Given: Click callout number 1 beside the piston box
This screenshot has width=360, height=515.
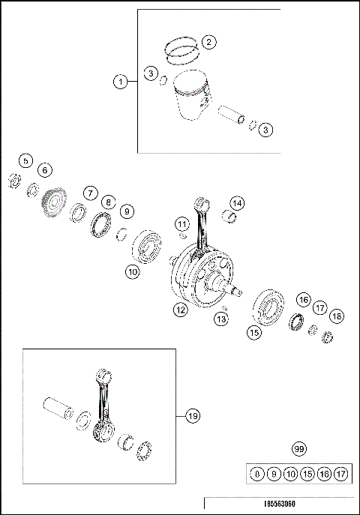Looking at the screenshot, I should [x=120, y=82].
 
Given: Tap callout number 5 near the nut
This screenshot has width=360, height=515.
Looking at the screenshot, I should [x=25, y=160].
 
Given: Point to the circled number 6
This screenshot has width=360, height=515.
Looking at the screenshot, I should [x=45, y=170].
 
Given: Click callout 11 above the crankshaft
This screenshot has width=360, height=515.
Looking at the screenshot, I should [x=181, y=223].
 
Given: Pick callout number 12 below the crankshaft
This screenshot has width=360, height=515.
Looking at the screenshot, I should [x=180, y=309].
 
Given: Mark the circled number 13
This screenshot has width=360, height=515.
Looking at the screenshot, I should [x=220, y=320].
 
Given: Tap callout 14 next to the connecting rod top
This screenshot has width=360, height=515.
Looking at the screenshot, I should [x=236, y=203].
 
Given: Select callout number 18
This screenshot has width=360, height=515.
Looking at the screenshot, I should [x=337, y=316].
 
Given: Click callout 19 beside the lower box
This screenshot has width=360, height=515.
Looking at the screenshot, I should [x=192, y=414].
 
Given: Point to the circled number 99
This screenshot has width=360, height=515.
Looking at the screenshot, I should [x=299, y=449].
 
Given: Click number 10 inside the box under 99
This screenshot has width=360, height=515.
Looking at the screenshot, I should [x=292, y=474].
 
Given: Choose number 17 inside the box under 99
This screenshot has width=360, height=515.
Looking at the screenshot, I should [x=341, y=474].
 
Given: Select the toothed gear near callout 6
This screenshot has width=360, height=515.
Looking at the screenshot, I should [x=52, y=203].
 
